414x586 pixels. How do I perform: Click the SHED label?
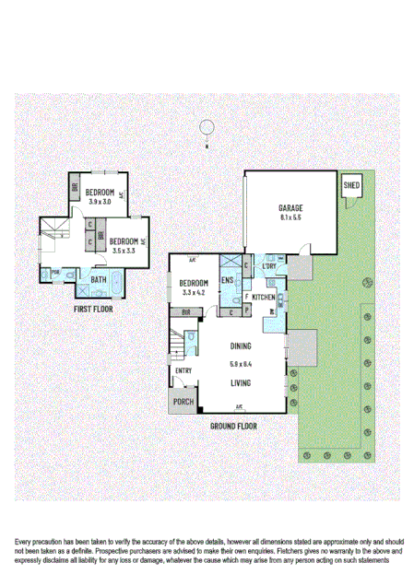tap(351, 186)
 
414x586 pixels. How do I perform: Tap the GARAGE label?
tap(290, 208)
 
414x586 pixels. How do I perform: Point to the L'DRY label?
tap(269, 267)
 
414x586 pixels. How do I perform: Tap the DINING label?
tap(242, 346)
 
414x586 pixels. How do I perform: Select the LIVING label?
tap(242, 381)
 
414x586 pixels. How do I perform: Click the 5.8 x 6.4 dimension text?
tap(242, 364)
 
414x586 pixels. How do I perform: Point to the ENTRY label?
tap(183, 370)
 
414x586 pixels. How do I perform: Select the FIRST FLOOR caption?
tap(93, 310)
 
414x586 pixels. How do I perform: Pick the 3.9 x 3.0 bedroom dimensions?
tap(99, 202)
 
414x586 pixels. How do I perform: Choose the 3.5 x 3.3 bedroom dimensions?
tap(124, 250)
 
